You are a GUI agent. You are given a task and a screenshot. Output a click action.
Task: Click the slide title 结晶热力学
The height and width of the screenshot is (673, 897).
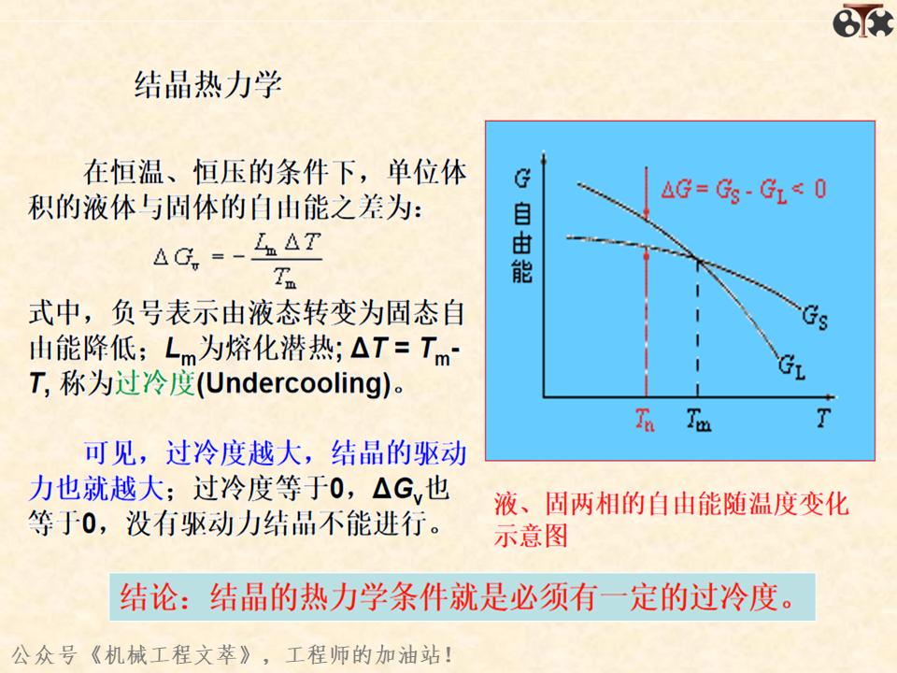208,85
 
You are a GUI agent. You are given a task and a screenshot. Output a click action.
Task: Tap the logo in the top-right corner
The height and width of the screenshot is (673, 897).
862,20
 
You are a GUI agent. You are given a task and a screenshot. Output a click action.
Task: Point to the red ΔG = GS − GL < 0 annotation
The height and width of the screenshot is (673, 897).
743,190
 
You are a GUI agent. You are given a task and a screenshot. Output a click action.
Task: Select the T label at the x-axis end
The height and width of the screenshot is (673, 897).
822,418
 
